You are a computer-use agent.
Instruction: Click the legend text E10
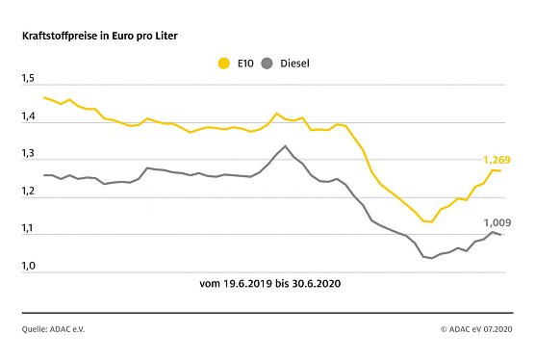tap(244, 64)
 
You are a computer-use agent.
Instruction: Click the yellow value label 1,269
tap(497, 159)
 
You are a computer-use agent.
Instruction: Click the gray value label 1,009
tap(497, 219)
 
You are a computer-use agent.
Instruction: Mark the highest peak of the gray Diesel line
tap(285, 145)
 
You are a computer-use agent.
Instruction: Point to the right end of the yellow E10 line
tap(500, 171)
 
